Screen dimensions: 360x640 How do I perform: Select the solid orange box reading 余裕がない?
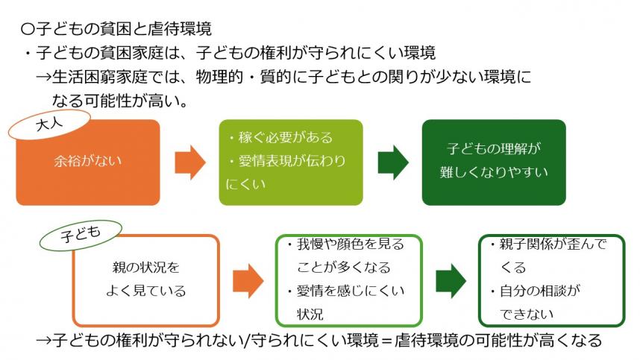pyautogui.click(x=88, y=161)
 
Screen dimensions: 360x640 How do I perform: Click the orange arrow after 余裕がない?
pyautogui.click(x=189, y=161)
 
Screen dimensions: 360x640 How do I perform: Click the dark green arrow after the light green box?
pyautogui.click(x=393, y=161)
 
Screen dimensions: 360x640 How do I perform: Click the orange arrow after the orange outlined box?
pyautogui.click(x=248, y=280)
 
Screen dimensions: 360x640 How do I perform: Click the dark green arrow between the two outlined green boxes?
pyautogui.click(x=451, y=280)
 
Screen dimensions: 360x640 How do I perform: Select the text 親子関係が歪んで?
pyautogui.click(x=553, y=244)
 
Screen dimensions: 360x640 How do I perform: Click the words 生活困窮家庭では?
pyautogui.click(x=98, y=77)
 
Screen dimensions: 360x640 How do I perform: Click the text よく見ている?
pyautogui.click(x=145, y=291)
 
